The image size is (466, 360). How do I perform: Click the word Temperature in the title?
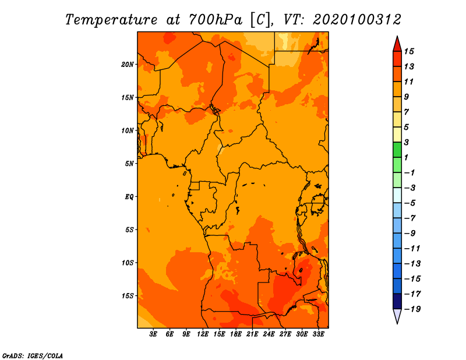point(111,20)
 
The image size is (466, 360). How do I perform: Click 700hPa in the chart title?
point(215,20)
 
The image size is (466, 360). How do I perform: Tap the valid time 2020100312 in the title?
point(357,20)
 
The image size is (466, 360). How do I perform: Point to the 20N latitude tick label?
point(128,65)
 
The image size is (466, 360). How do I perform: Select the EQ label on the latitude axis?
point(129,197)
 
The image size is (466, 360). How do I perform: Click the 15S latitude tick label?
point(128,296)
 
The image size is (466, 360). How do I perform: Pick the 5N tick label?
point(129,164)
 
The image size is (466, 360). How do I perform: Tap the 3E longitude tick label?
point(153,334)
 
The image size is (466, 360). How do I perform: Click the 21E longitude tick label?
point(252,334)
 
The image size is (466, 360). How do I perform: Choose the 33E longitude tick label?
point(318,334)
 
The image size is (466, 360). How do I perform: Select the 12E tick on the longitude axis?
point(202,334)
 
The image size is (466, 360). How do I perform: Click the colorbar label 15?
point(409,51)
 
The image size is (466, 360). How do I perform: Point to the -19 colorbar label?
point(412,309)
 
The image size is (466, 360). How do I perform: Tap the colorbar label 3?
point(407,142)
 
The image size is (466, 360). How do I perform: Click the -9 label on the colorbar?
point(410,234)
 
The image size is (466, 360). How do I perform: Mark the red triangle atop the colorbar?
point(397,44)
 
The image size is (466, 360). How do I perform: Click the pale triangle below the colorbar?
point(397,316)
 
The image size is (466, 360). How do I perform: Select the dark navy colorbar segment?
point(397,301)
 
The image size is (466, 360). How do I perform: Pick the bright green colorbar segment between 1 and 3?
point(397,150)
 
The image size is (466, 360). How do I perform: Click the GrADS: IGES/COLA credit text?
point(33,356)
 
